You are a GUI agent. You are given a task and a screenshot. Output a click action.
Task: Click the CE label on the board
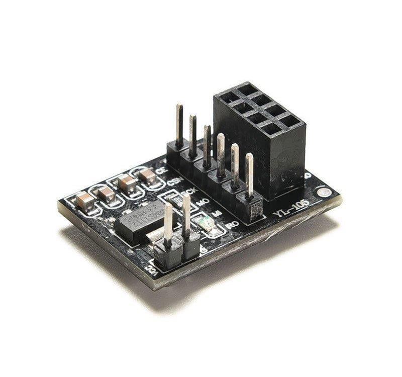(x=161, y=171)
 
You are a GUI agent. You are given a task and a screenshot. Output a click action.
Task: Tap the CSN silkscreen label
(x=174, y=181)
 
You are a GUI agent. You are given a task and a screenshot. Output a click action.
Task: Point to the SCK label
(x=189, y=192)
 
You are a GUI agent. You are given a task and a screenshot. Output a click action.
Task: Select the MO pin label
(x=203, y=202)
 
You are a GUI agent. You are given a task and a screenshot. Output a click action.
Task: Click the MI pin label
(x=218, y=213)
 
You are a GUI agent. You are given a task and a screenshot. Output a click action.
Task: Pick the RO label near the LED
(x=232, y=225)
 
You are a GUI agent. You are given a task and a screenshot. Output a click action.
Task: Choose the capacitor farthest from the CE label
(x=85, y=201)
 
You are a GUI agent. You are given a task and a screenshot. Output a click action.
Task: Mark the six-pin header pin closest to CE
(x=179, y=126)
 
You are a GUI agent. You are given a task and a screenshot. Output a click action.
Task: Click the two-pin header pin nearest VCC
(x=168, y=226)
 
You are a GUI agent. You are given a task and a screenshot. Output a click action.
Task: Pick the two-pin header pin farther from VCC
(x=186, y=216)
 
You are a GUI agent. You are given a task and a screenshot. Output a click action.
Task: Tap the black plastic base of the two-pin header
(x=176, y=251)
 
